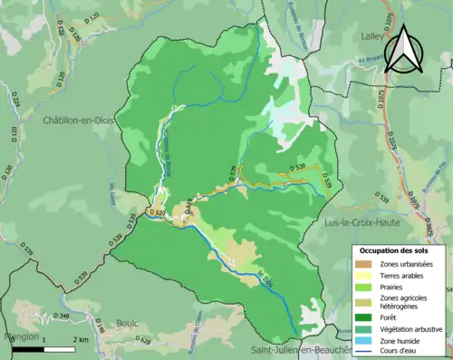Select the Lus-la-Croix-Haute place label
(x=376, y=220)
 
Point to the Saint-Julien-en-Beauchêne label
(x=299, y=349)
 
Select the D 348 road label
(x=63, y=316)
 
